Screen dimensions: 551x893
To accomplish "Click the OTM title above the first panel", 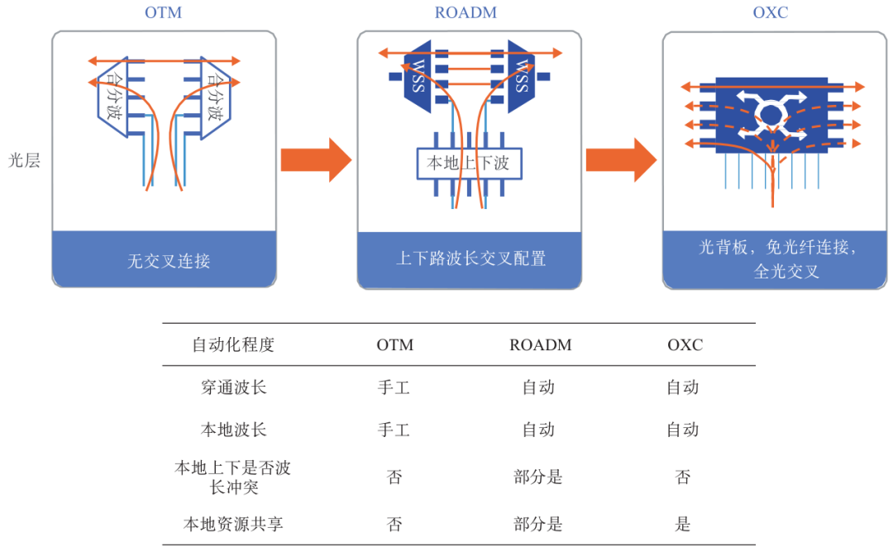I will pyautogui.click(x=163, y=12).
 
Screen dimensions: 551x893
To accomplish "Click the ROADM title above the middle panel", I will pyautogui.click(x=469, y=12).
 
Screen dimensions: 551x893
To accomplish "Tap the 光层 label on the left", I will pyautogui.click(x=24, y=160).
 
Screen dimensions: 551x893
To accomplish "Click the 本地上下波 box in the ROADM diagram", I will pyautogui.click(x=469, y=164).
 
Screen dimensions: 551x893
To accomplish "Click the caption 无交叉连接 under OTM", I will pyautogui.click(x=169, y=262).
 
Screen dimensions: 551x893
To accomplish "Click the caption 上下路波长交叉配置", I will pyautogui.click(x=470, y=259).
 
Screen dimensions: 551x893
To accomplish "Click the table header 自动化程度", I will pyautogui.click(x=233, y=344).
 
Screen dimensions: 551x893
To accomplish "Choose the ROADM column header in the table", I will pyautogui.click(x=540, y=344).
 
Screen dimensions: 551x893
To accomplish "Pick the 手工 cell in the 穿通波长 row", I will pyautogui.click(x=394, y=387).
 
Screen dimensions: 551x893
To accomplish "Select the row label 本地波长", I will pyautogui.click(x=233, y=430).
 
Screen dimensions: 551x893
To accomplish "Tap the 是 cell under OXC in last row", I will pyautogui.click(x=683, y=523).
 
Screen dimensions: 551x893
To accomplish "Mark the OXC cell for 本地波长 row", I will pyautogui.click(x=683, y=430).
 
